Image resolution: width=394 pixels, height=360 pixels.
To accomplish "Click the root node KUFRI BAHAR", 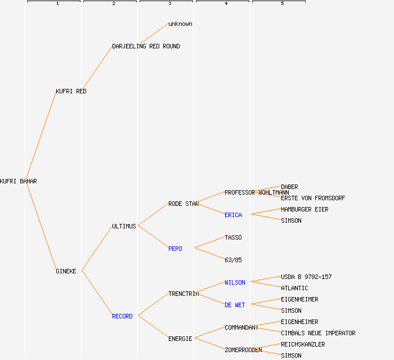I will pos(18,181).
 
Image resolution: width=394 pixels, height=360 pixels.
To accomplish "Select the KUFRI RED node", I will pos(71,91).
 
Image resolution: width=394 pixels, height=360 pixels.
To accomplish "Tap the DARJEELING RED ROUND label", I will pos(146,46).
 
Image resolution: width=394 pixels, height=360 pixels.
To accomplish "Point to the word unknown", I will pos(180,24).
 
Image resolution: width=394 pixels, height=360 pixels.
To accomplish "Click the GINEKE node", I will pos(66,271).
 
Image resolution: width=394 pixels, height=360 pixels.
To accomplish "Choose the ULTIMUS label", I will pos(124,226).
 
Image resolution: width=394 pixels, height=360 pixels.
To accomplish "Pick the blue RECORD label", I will pos(122,316).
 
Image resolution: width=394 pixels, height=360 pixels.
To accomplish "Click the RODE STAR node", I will pos(183,204).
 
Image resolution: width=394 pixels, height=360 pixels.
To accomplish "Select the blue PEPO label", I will pos(175,249).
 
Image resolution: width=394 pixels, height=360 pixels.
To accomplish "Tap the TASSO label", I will pos(233,237).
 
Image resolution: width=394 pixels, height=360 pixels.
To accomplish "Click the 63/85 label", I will pos(233,260).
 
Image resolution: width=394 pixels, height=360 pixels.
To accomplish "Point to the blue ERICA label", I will pos(233,215).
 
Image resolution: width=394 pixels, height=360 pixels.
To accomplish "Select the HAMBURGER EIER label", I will pos(305,209).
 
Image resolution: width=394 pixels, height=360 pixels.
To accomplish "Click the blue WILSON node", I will pos(235,282).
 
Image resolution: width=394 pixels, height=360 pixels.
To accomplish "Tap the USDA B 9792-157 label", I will pos(306,277).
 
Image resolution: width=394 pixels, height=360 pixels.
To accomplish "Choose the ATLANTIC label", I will pos(294,288).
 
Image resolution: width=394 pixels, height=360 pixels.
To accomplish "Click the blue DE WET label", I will pos(235,305).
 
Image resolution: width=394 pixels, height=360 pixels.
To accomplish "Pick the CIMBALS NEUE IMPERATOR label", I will pos(318,333).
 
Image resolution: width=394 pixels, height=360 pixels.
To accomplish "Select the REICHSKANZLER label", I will pos(303,344).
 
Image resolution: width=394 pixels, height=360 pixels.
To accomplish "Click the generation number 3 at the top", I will pos(169,4).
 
